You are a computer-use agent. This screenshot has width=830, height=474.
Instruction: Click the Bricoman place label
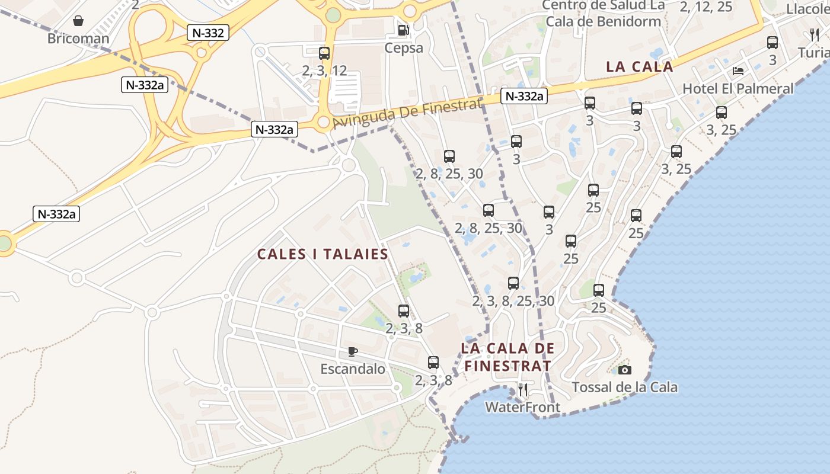pyautogui.click(x=78, y=39)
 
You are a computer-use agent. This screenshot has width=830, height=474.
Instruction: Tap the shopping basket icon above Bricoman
pyautogui.click(x=78, y=21)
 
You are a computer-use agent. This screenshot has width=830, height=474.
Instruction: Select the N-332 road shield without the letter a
pyautogui.click(x=208, y=33)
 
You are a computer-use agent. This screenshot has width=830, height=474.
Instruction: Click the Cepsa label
pyautogui.click(x=404, y=47)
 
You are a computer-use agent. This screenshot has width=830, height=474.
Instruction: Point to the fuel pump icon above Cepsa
pyautogui.click(x=404, y=30)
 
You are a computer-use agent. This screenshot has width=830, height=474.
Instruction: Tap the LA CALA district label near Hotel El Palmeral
pyautogui.click(x=640, y=66)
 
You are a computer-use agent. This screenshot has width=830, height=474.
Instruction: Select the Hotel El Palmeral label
pyautogui.click(x=738, y=89)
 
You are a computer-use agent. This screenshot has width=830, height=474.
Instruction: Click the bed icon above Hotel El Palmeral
pyautogui.click(x=738, y=71)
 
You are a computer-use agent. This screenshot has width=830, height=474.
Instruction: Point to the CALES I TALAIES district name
pyautogui.click(x=323, y=255)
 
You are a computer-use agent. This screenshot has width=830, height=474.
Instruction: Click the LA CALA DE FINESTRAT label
pyautogui.click(x=507, y=357)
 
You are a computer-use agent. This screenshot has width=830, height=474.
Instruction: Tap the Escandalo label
pyautogui.click(x=353, y=369)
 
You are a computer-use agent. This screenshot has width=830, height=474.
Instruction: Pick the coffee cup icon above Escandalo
pyautogui.click(x=353, y=351)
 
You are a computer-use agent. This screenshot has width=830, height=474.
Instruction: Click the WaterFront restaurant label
pyautogui.click(x=522, y=407)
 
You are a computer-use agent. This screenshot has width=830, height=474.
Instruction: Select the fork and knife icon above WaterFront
pyautogui.click(x=522, y=389)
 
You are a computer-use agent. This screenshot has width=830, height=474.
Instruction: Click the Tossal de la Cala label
pyautogui.click(x=624, y=387)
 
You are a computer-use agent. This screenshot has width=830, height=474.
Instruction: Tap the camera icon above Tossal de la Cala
pyautogui.click(x=624, y=370)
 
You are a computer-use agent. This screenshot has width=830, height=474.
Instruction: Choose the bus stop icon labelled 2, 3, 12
pyautogui.click(x=324, y=53)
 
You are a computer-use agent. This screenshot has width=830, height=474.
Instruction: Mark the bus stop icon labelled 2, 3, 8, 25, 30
pyautogui.click(x=513, y=283)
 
